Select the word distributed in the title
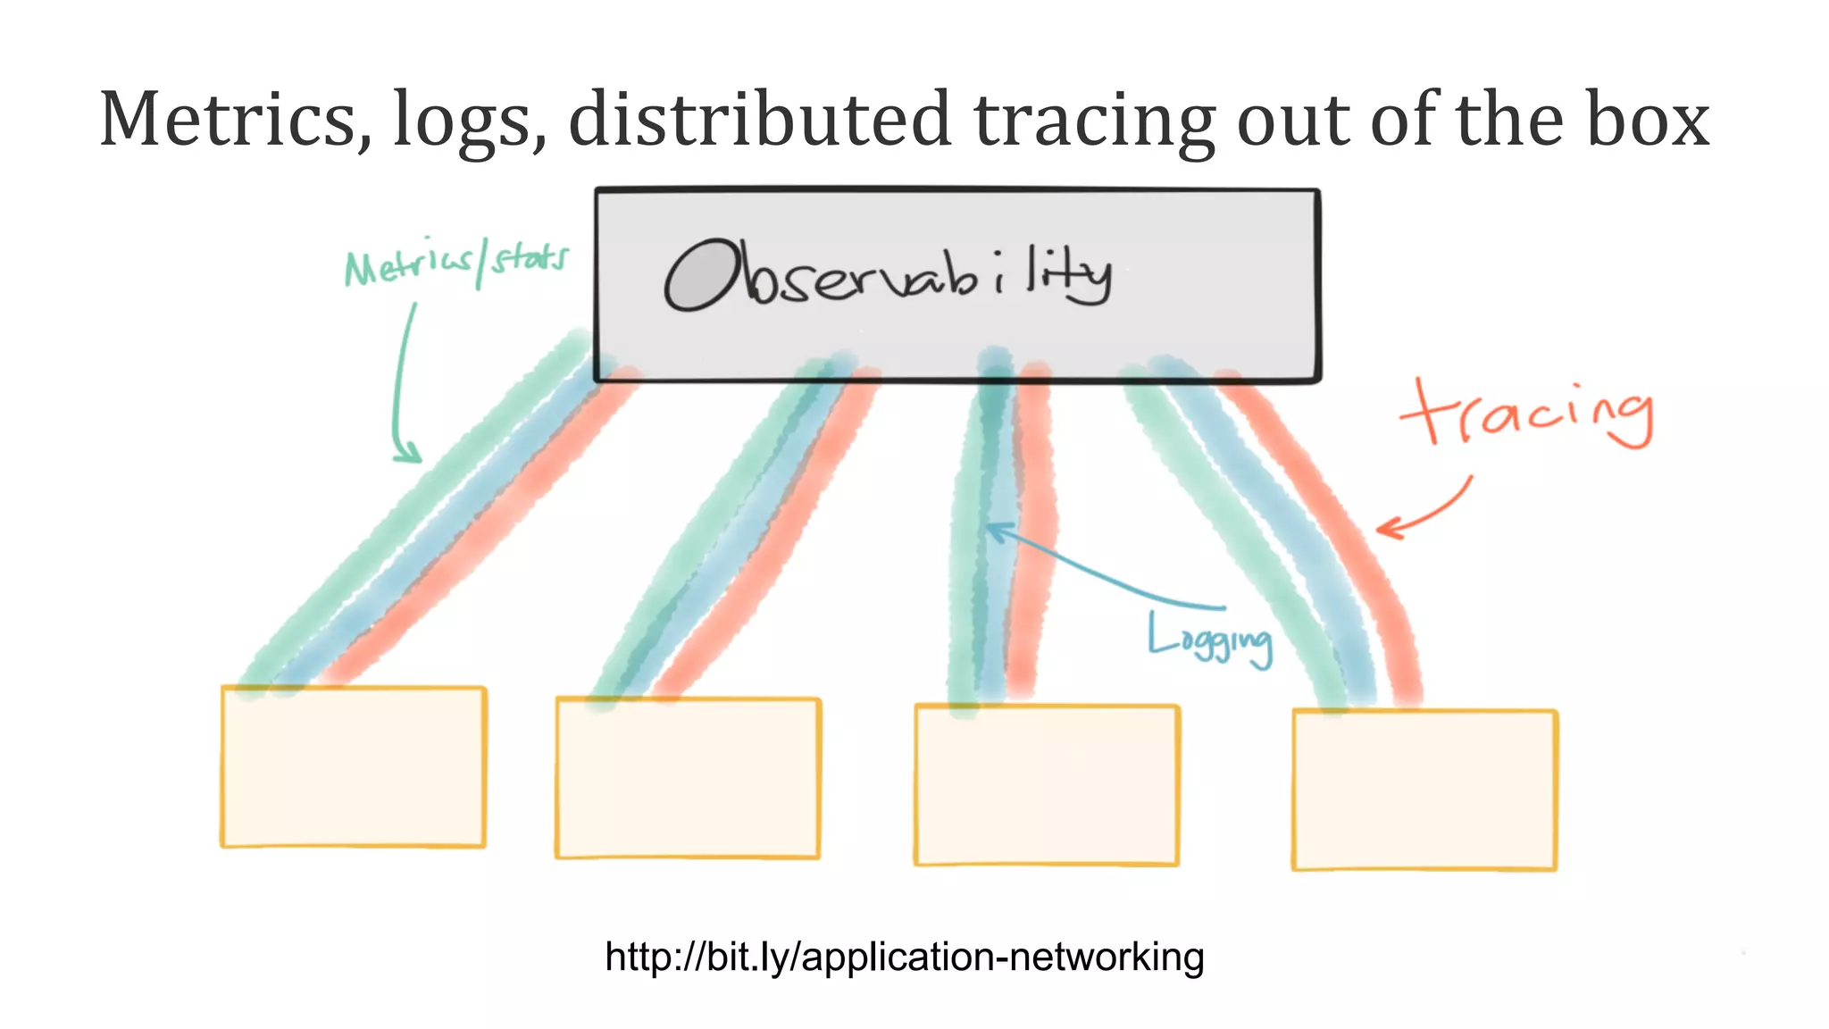coord(759,120)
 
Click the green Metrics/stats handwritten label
coord(455,263)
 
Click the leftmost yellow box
coord(354,766)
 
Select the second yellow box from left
coord(688,778)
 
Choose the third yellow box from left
coord(1047,785)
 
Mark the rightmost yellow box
coord(1424,790)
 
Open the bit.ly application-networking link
coord(904,957)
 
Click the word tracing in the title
coord(1093,121)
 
